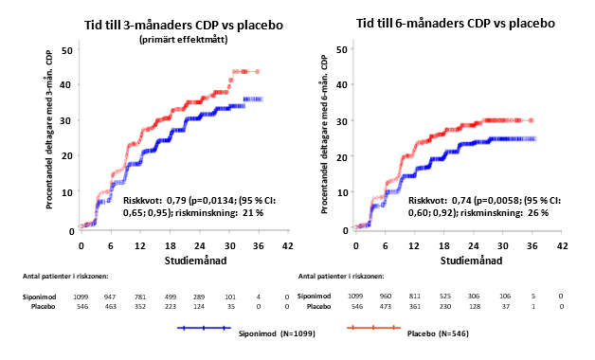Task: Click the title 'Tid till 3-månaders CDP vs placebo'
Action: pyautogui.click(x=184, y=25)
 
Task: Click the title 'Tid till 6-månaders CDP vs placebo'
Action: pyautogui.click(x=456, y=23)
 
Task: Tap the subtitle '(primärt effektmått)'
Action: pyautogui.click(x=184, y=40)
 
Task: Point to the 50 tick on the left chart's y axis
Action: pyautogui.click(x=66, y=50)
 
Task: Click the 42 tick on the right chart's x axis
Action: pyautogui.click(x=562, y=245)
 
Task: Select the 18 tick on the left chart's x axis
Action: pyautogui.click(x=171, y=245)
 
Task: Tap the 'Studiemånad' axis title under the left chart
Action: pyautogui.click(x=195, y=261)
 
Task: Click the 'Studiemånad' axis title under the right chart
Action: pyautogui.click(x=471, y=261)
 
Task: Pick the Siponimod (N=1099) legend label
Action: pyautogui.click(x=277, y=333)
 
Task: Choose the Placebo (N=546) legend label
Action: pyautogui.click(x=438, y=333)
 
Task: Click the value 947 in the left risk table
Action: pyautogui.click(x=110, y=297)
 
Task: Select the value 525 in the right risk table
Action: pyautogui.click(x=444, y=297)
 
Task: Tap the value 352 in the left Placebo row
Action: pyautogui.click(x=139, y=307)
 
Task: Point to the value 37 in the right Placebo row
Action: pyautogui.click(x=505, y=307)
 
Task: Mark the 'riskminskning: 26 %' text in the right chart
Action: pyautogui.click(x=504, y=212)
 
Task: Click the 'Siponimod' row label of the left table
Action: pyautogui.click(x=39, y=297)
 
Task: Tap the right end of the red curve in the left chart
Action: pyautogui.click(x=258, y=71)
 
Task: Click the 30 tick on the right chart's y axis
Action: pyautogui.click(x=342, y=121)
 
